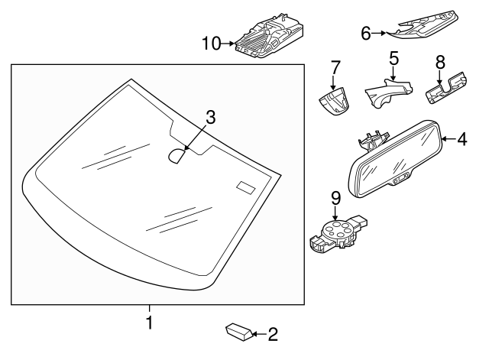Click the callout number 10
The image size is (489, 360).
click(212, 44)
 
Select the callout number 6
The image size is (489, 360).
click(366, 33)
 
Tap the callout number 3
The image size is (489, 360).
click(211, 118)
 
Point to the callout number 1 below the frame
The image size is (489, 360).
click(150, 323)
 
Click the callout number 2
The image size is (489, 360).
click(273, 334)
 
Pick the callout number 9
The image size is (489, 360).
click(335, 199)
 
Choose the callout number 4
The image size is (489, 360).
click(462, 139)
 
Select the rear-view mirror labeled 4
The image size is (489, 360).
click(395, 159)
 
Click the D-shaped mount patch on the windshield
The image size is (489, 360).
click(176, 156)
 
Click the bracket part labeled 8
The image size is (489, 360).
click(445, 88)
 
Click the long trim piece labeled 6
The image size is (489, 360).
click(423, 28)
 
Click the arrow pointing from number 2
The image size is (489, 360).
click(260, 335)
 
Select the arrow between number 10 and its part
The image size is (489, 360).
click(228, 44)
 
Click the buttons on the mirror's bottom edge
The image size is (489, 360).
click(400, 179)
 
